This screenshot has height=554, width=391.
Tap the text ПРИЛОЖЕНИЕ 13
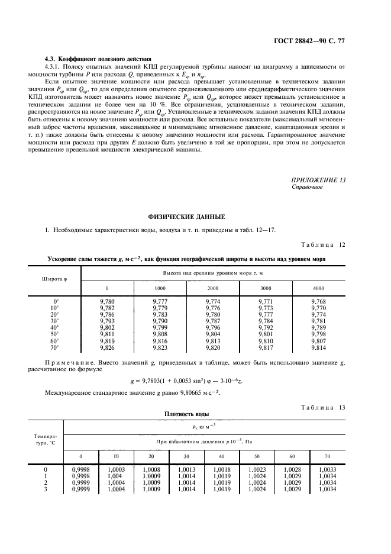pyautogui.click(x=319, y=180)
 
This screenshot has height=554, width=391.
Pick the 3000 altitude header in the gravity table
pyautogui.click(x=266, y=288)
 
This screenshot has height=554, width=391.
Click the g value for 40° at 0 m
pyautogui.click(x=107, y=327)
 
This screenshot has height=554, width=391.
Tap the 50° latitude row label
pyautogui.click(x=54, y=334)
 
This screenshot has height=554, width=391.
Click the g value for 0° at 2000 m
pyautogui.click(x=213, y=301)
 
